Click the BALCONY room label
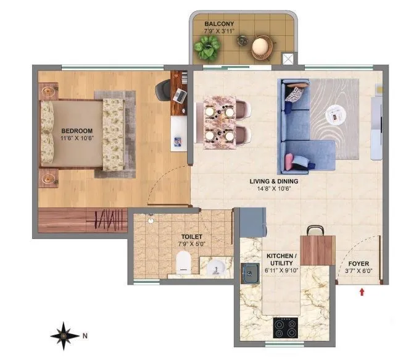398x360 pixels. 219,25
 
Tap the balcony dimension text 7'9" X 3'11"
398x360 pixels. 219,32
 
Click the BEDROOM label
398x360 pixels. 77,131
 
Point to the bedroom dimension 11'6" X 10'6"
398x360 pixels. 77,138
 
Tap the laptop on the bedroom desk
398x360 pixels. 180,95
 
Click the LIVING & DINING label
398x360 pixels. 274,181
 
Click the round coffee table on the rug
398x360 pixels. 336,114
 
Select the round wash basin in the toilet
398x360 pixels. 215,267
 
